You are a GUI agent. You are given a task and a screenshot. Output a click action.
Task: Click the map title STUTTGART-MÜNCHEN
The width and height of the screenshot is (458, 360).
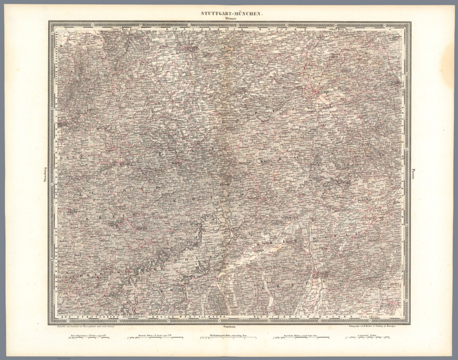click(228, 13)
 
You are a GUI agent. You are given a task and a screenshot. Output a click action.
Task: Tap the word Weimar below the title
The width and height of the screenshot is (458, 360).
click(228, 18)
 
